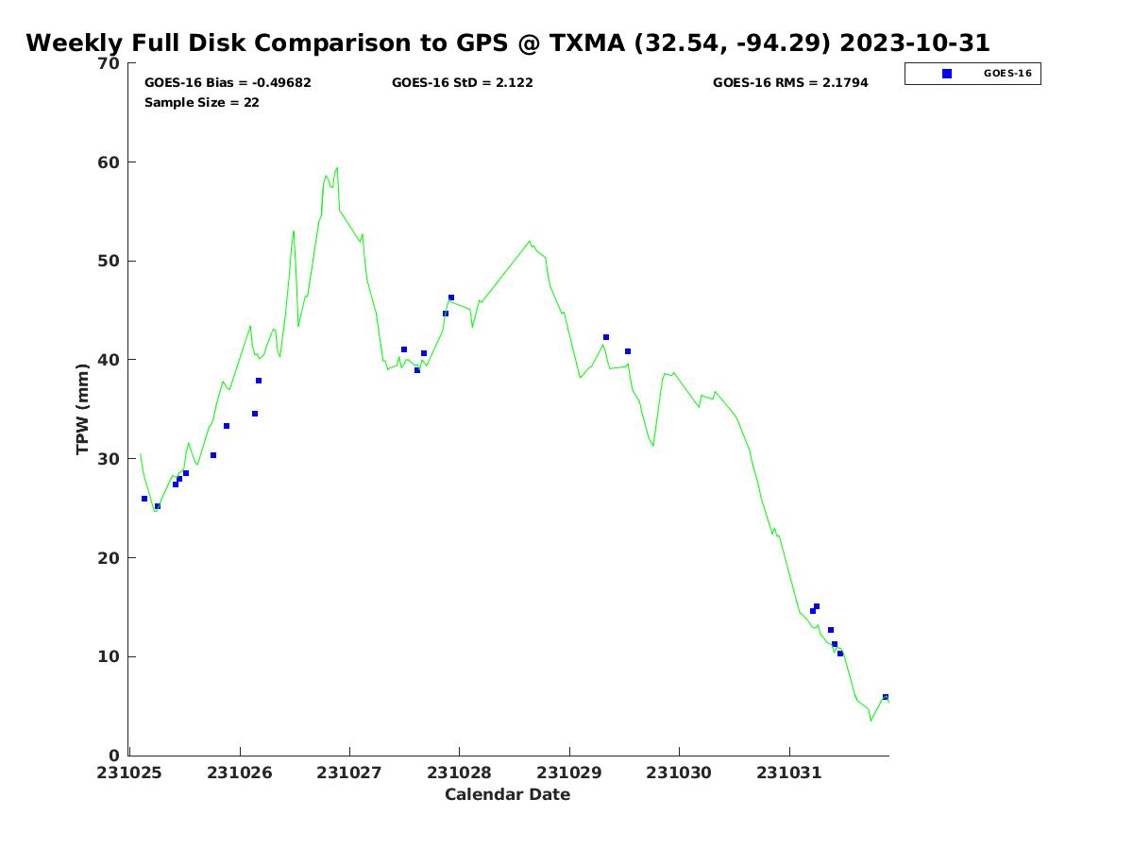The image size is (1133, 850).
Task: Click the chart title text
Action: tap(508, 43)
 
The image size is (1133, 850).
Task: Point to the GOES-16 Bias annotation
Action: tap(228, 83)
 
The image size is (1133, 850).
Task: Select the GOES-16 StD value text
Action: tap(462, 83)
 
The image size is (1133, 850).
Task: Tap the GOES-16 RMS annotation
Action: tap(790, 83)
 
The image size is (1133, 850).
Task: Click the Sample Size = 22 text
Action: tap(201, 103)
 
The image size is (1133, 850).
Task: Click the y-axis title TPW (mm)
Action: tap(83, 408)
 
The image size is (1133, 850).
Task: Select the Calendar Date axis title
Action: tap(507, 795)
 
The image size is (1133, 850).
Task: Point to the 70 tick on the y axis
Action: tap(110, 64)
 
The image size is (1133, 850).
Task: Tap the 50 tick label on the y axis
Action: tap(110, 262)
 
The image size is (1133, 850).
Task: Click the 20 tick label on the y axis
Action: tap(110, 558)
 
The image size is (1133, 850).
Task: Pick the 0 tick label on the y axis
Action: tap(114, 756)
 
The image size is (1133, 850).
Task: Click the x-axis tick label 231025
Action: tap(129, 773)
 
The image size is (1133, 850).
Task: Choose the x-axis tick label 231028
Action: tap(459, 773)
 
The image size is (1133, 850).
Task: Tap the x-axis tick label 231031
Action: tap(788, 773)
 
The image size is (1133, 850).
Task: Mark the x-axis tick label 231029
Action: tap(568, 773)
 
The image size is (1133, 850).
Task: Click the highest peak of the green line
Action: tap(337, 168)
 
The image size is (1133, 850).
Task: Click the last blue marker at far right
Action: tap(885, 697)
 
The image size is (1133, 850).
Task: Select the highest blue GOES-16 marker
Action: tap(450, 297)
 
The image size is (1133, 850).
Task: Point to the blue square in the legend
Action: tap(947, 74)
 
